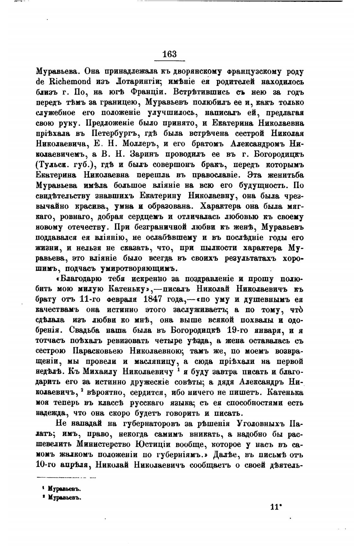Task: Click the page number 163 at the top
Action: (170, 54)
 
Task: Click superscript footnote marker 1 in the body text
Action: (178, 369)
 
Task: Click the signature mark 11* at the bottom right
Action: (276, 507)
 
